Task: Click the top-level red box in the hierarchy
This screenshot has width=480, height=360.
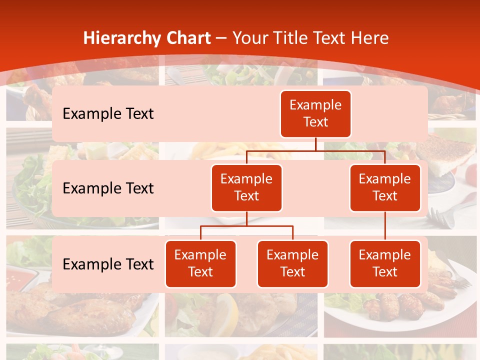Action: tap(315, 114)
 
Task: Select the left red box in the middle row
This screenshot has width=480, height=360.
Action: tap(246, 188)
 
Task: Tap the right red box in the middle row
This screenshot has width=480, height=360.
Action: tap(385, 188)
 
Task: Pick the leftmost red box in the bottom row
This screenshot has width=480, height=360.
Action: tap(200, 264)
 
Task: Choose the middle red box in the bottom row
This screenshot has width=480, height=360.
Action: tap(292, 264)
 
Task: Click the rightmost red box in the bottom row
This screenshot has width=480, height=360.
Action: tap(385, 264)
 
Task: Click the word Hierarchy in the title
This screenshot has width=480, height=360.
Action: tap(120, 38)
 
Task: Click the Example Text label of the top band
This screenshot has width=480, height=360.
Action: tap(108, 114)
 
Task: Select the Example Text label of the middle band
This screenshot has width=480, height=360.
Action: tap(108, 188)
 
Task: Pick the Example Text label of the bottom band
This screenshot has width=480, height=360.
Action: tap(108, 264)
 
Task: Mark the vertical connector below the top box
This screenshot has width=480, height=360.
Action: tap(315, 144)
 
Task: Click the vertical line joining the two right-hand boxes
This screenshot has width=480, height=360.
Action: tap(385, 226)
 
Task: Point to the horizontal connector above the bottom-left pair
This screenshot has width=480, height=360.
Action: tap(246, 226)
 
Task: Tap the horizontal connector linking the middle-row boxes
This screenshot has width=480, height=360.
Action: tap(315, 150)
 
